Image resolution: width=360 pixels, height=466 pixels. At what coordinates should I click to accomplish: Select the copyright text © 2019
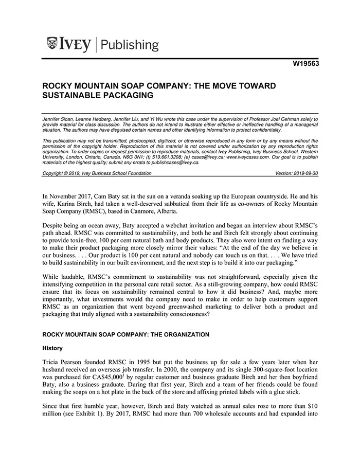coord(73,173)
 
